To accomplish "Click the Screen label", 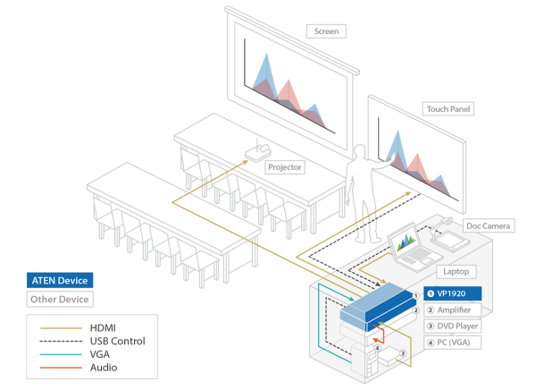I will [326, 31].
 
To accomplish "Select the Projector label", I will [284, 167].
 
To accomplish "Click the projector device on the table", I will [256, 156].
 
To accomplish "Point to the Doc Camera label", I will [488, 226].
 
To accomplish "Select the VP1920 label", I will [453, 293].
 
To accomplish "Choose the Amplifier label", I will [453, 309].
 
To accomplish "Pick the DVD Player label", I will [453, 326].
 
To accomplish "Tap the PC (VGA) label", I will [453, 342].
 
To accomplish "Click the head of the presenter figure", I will [361, 151].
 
